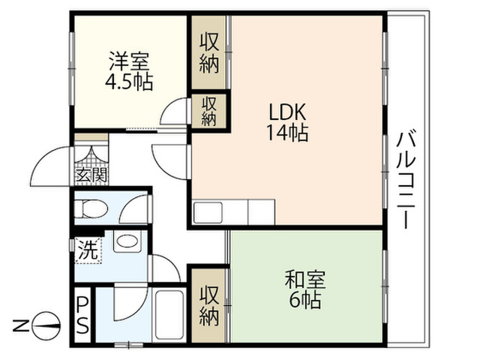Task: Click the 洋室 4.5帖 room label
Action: pos(129,72)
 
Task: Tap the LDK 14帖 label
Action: pos(287,121)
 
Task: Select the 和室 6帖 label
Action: pos(305,289)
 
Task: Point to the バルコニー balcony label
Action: pos(406,180)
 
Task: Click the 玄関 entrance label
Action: pos(91,175)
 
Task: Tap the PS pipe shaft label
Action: pos(82,315)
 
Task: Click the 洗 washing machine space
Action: pos(88,250)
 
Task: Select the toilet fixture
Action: pos(91,208)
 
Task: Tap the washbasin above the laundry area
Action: pos(128,241)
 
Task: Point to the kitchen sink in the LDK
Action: pos(208,212)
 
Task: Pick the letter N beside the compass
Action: pos(21,325)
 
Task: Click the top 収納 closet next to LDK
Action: pos(209,52)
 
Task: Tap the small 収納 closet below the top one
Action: pos(209,111)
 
